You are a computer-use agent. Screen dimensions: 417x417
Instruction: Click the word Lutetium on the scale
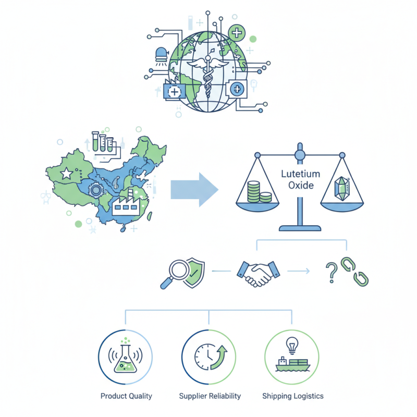(301, 174)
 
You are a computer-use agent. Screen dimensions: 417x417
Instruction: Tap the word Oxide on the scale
(301, 186)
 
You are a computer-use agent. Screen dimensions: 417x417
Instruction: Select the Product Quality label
(126, 396)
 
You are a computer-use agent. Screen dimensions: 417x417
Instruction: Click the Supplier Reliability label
(210, 396)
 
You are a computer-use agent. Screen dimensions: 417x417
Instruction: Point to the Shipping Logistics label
(293, 396)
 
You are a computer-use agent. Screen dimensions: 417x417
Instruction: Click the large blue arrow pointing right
(194, 190)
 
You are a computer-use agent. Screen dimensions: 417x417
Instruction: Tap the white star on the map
(67, 174)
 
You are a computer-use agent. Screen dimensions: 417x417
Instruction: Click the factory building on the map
(126, 203)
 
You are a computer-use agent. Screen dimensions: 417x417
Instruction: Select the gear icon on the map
(96, 190)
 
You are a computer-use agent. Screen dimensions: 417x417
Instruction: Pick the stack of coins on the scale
(259, 192)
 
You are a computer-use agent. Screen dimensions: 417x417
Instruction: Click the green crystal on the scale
(342, 189)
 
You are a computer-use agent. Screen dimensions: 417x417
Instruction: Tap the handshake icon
(258, 273)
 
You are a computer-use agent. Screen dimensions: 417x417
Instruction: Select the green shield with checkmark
(194, 274)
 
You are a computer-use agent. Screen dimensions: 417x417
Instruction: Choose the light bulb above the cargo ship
(292, 346)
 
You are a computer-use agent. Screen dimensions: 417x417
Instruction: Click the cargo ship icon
(293, 364)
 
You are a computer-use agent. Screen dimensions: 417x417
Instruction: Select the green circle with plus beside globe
(237, 33)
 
